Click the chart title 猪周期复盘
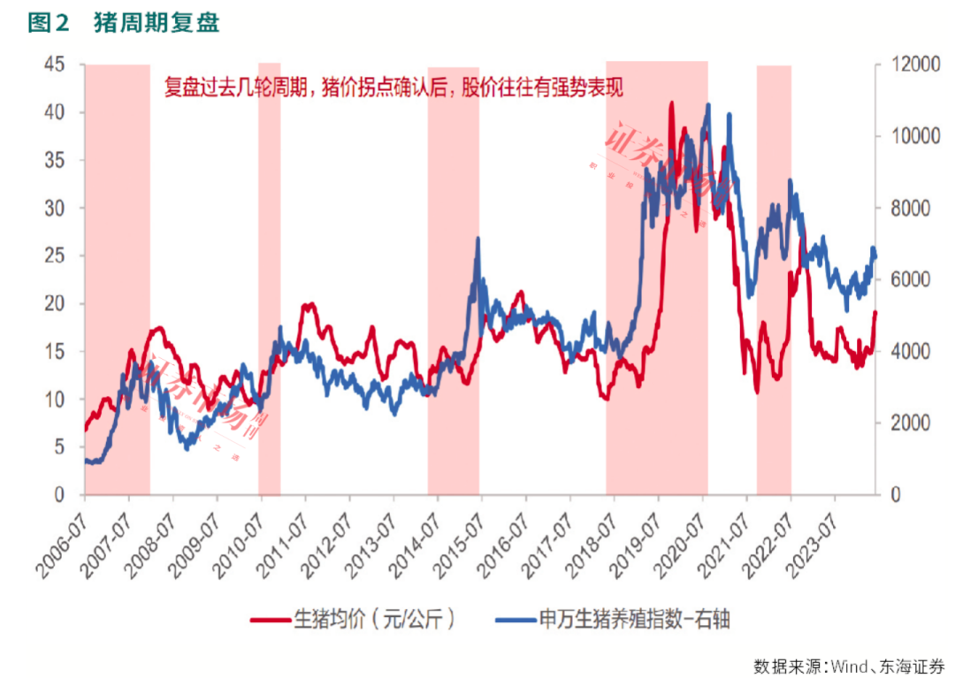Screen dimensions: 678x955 [x=156, y=24]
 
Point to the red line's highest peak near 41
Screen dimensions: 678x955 [x=672, y=103]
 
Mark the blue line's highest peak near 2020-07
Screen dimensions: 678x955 [x=707, y=105]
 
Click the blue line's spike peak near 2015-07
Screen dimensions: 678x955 [x=477, y=238]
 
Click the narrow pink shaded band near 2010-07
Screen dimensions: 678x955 [x=269, y=265]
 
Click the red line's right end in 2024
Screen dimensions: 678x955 [x=875, y=312]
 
